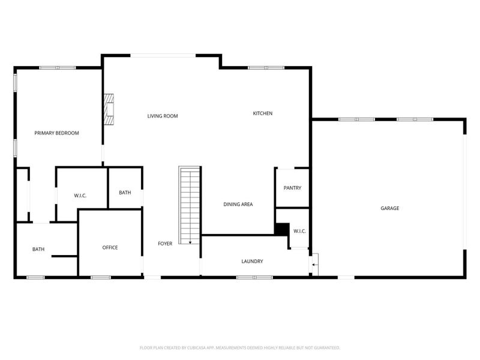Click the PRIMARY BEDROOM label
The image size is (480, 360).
(x=56, y=133)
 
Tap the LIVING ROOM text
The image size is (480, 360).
(x=163, y=116)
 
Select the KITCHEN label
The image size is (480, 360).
(x=262, y=113)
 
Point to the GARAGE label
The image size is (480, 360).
(x=389, y=208)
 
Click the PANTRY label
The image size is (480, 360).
(x=292, y=188)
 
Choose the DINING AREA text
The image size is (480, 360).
(x=238, y=205)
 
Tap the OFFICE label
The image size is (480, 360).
(x=110, y=248)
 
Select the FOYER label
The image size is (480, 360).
(x=165, y=244)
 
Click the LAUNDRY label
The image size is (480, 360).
(x=252, y=262)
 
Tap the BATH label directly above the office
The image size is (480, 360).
(x=125, y=193)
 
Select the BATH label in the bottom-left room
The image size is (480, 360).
(x=38, y=250)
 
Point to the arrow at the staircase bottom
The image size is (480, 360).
(x=190, y=241)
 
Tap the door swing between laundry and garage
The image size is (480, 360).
(x=314, y=262)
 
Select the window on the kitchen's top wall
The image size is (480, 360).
(x=266, y=68)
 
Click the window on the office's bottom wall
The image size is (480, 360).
(x=100, y=277)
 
